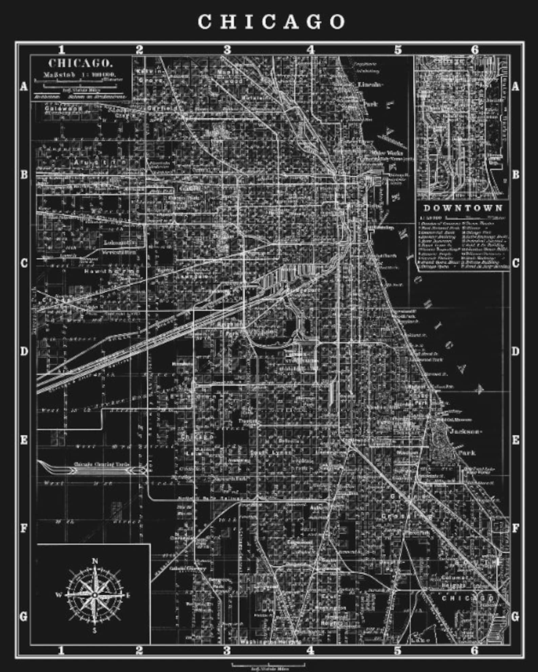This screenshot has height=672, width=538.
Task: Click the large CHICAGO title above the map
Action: (x=271, y=22)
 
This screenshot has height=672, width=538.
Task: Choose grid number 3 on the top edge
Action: (x=227, y=50)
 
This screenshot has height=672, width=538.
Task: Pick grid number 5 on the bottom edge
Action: (x=397, y=650)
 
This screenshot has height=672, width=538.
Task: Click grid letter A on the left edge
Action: (x=24, y=86)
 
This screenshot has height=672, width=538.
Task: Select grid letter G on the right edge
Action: (x=515, y=616)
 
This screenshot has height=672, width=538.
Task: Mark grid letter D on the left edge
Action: (x=24, y=351)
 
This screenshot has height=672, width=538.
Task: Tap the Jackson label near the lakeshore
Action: (x=465, y=432)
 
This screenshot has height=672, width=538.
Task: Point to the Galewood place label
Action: (x=64, y=108)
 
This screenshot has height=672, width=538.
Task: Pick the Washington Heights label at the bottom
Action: (x=270, y=641)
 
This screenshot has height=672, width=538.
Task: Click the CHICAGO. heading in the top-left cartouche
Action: (x=81, y=63)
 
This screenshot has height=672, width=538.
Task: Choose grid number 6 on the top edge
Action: (x=475, y=50)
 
